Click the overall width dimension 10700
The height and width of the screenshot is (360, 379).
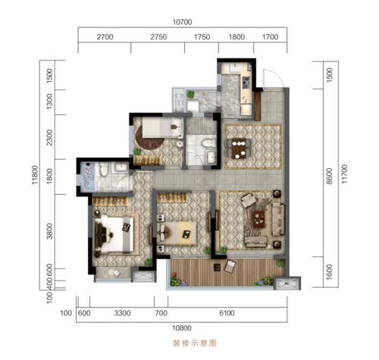tap(182, 22)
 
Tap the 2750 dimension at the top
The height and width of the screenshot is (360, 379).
tap(158, 37)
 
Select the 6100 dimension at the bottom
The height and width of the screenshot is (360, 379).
tap(227, 313)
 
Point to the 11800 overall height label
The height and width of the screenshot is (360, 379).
tap(35, 175)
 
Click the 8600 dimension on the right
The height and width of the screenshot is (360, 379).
tap(329, 176)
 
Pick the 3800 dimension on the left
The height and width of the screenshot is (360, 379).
tap(50, 231)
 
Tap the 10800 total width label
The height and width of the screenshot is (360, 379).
tap(182, 328)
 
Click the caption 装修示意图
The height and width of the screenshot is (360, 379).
tap(195, 343)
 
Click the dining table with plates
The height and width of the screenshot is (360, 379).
tap(239, 149)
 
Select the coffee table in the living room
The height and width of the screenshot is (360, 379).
tap(259, 219)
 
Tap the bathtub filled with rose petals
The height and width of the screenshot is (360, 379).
tap(88, 176)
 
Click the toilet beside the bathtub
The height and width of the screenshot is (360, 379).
tap(104, 169)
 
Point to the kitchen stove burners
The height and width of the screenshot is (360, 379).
tap(246, 83)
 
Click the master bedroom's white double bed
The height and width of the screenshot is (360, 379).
tap(114, 233)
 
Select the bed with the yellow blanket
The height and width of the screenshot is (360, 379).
tap(177, 233)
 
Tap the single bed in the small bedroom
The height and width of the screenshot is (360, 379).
tap(162, 128)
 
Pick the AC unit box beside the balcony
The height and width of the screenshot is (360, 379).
tap(287, 283)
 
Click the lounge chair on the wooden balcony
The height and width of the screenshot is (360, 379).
tap(230, 266)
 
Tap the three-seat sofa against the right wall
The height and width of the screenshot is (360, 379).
tap(278, 219)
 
